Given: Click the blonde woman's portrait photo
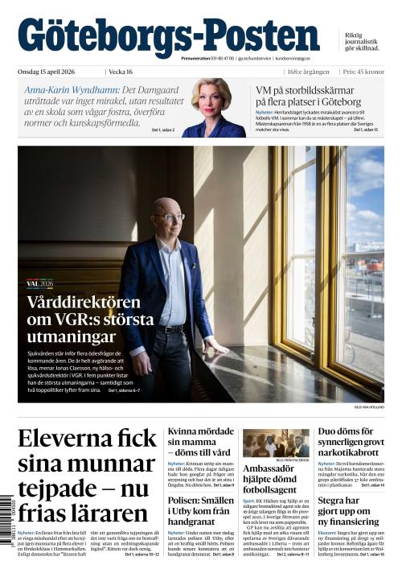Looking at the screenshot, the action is click(x=213, y=107).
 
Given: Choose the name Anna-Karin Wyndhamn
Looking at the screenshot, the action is click(x=71, y=89).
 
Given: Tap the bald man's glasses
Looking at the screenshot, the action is click(x=173, y=217).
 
